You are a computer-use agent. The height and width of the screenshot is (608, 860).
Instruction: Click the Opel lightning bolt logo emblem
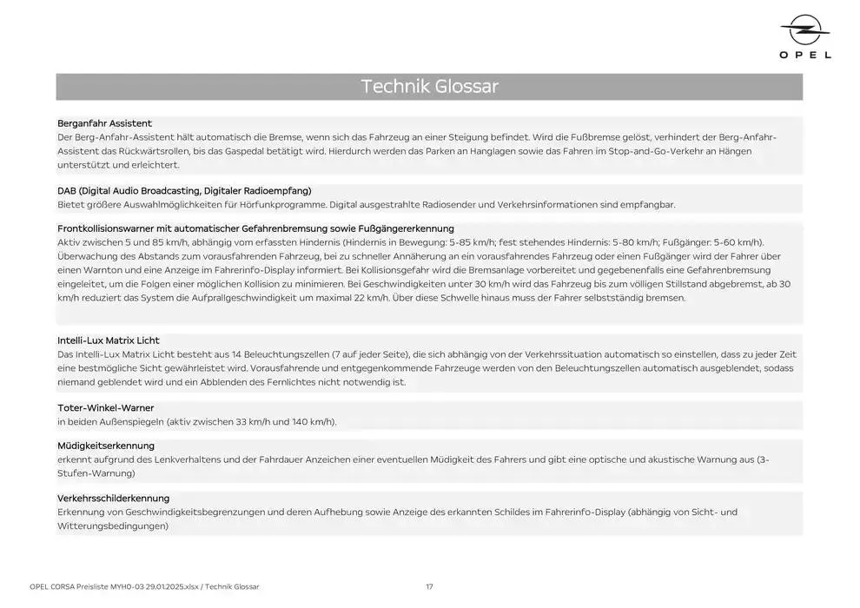(x=805, y=32)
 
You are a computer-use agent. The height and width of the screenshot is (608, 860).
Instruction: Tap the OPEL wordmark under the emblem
(x=805, y=55)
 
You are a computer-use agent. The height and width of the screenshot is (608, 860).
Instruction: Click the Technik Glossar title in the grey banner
(x=429, y=87)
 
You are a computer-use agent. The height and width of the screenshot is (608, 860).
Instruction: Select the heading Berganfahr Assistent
(x=104, y=123)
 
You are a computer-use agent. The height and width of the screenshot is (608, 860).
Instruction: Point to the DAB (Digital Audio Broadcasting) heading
(x=184, y=190)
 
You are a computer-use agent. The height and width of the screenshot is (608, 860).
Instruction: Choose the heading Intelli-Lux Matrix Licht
(x=109, y=340)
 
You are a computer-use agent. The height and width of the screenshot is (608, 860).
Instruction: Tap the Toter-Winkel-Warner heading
(x=105, y=407)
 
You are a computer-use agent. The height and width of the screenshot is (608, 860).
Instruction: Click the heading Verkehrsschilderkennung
(x=113, y=498)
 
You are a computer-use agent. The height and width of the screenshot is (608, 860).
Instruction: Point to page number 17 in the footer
(x=429, y=586)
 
